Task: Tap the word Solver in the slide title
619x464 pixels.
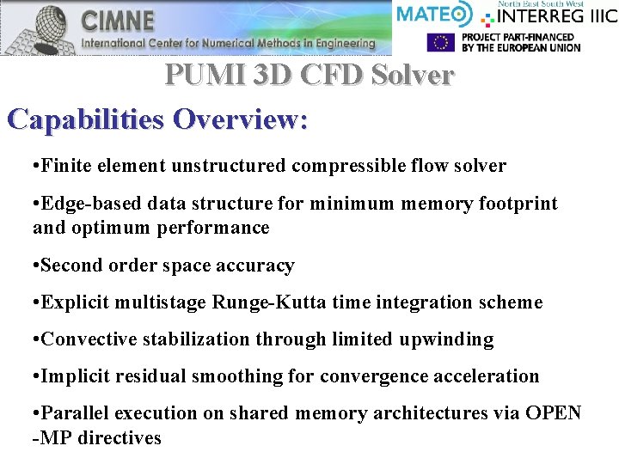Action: [413, 76]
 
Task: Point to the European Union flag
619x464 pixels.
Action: [441, 42]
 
